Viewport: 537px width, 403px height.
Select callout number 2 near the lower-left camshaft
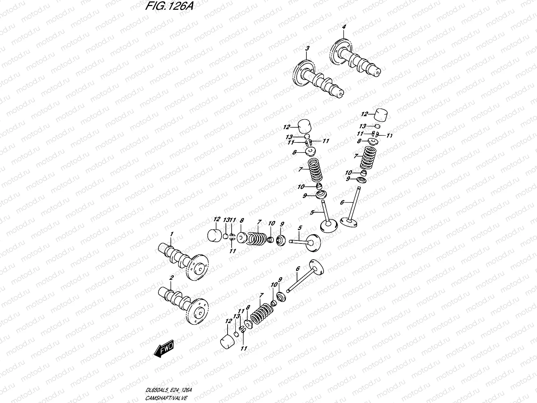pos(171,278)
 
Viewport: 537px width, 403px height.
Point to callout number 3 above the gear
pos(306,49)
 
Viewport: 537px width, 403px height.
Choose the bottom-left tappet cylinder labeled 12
pos(227,342)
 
